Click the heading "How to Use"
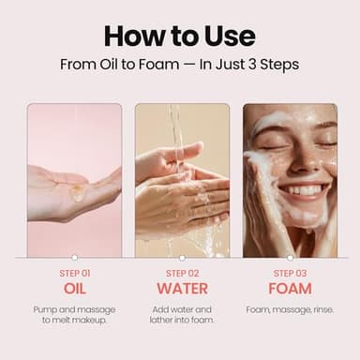click(179, 36)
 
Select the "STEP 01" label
click(74, 273)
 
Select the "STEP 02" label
click(182, 273)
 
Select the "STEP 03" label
click(290, 273)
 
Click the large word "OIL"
click(74, 288)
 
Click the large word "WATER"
click(182, 288)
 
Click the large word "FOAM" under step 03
click(290, 288)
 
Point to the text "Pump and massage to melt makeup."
click(74, 315)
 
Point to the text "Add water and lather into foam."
click(182, 315)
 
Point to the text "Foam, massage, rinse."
click(290, 309)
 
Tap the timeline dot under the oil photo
click(74, 257)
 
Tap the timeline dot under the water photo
click(182, 257)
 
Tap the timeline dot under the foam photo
click(290, 257)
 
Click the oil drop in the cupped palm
click(74, 191)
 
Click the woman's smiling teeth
click(303, 190)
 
